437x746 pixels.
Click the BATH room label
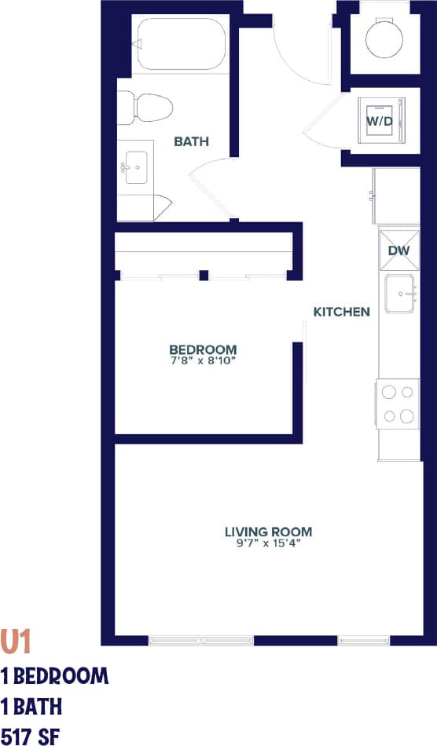coord(191,142)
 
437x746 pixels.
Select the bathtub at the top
coord(181,46)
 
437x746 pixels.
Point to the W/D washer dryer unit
coord(380,122)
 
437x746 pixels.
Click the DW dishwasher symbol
coord(399,250)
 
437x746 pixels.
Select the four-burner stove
coord(398,404)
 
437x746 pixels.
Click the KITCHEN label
coord(341,312)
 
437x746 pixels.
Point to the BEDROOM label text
coord(203,349)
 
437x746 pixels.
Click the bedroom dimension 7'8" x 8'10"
coord(203,360)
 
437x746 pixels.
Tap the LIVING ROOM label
coord(268,531)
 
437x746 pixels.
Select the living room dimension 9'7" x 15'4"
coord(268,543)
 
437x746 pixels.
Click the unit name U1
coord(16,642)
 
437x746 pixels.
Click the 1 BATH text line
coord(31,706)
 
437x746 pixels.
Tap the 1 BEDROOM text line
coord(55,675)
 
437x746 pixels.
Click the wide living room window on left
coord(201,641)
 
